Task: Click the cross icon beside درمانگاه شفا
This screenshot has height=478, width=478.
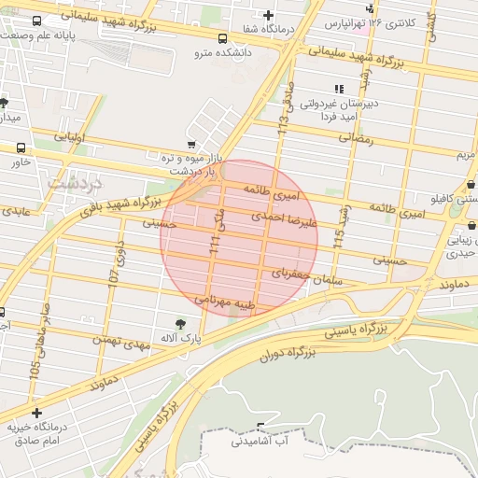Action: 269,15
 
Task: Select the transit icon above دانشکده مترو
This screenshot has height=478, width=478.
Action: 222,39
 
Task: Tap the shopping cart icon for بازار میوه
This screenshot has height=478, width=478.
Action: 191,145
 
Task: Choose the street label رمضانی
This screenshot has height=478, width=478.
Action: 356,138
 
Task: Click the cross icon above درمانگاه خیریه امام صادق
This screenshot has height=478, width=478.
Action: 36,413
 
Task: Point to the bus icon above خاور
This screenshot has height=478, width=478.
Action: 21,148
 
